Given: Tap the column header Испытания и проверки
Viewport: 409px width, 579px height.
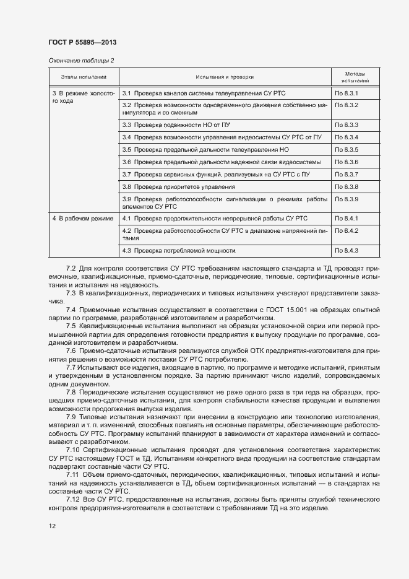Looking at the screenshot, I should coord(225,77).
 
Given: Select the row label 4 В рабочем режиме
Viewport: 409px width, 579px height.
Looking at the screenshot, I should coord(82,219).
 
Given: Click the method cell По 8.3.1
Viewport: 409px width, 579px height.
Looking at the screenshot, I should coord(347,92).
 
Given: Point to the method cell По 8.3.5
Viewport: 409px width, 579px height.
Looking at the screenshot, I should coord(347,150).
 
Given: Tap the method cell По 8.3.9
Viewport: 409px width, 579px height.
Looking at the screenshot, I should coord(347,198).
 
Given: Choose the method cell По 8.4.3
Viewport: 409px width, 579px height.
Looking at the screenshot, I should coord(347,250).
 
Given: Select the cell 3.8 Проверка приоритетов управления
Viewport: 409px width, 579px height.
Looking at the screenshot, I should coord(178,186).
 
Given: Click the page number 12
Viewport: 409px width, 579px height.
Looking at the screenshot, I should coord(52,526).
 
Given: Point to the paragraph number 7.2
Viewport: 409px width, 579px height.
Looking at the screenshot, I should coord(71,267).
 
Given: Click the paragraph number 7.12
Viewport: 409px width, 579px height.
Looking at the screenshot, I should coord(72,498).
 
